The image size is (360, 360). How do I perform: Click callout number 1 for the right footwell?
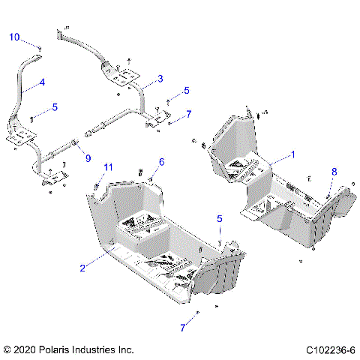point(293,153)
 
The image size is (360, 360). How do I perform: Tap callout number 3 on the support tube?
point(160,79)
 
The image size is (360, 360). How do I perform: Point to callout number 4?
point(42,82)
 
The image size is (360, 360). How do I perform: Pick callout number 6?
point(160,162)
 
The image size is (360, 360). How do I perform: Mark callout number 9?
point(88,157)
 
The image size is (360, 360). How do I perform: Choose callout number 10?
point(14,37)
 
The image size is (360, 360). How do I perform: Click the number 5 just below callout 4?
point(54,107)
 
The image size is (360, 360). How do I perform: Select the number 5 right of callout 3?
point(187,90)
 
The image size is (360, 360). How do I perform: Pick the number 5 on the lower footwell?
point(219,219)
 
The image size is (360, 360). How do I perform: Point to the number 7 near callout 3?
point(189,114)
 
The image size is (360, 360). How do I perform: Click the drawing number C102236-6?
point(330,349)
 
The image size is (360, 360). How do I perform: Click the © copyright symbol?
point(8,349)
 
